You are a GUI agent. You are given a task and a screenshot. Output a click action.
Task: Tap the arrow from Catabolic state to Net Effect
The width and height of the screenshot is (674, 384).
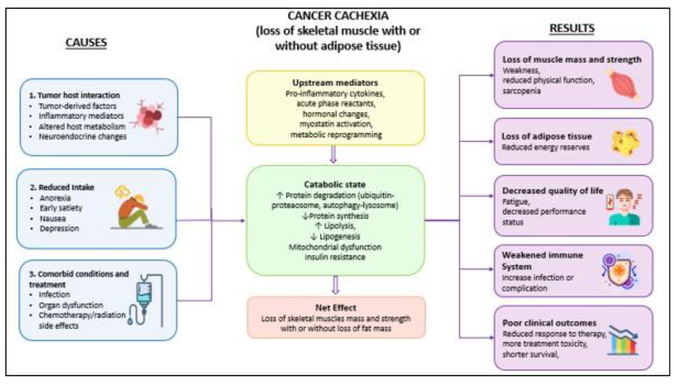[x=335, y=285]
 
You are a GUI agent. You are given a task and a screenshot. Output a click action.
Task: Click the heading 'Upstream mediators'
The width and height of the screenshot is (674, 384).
[x=335, y=83]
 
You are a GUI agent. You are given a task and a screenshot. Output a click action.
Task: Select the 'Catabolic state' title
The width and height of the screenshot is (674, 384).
[x=335, y=184]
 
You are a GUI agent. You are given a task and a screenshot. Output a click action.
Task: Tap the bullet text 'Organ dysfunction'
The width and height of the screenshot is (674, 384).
[x=71, y=305]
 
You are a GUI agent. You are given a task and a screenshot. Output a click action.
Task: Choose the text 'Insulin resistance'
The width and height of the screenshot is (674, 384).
[x=335, y=257]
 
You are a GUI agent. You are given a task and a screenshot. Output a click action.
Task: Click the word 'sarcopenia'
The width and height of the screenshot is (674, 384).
[x=521, y=91]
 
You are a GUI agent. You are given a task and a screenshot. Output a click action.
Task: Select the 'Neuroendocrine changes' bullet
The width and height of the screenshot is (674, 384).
[x=83, y=137]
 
